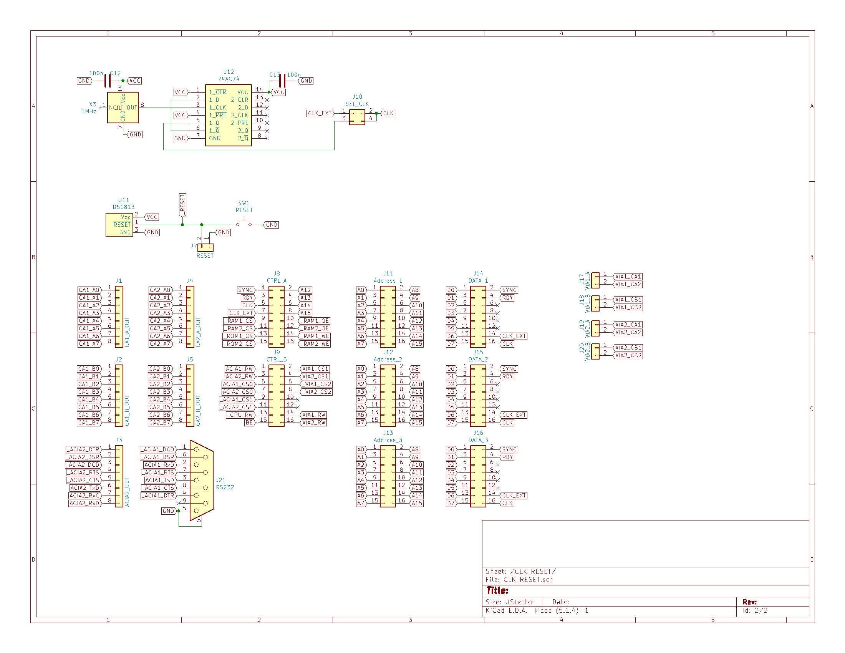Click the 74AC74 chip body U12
(x=228, y=115)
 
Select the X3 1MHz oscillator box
(x=123, y=108)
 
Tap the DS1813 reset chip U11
(x=119, y=225)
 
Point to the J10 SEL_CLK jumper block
(x=357, y=117)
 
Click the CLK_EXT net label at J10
(x=320, y=113)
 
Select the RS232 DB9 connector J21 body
(x=202, y=480)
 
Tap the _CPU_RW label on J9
(x=240, y=415)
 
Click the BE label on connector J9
(x=249, y=423)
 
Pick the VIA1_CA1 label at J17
(x=628, y=277)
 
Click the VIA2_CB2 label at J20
(x=628, y=355)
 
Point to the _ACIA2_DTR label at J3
(x=84, y=449)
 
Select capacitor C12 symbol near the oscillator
(x=108, y=81)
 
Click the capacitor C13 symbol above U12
(x=282, y=81)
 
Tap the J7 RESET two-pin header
(x=205, y=247)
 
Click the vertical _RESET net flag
(x=182, y=205)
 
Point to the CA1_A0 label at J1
(x=89, y=290)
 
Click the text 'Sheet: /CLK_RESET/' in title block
(x=521, y=572)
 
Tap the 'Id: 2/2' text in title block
(x=755, y=610)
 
